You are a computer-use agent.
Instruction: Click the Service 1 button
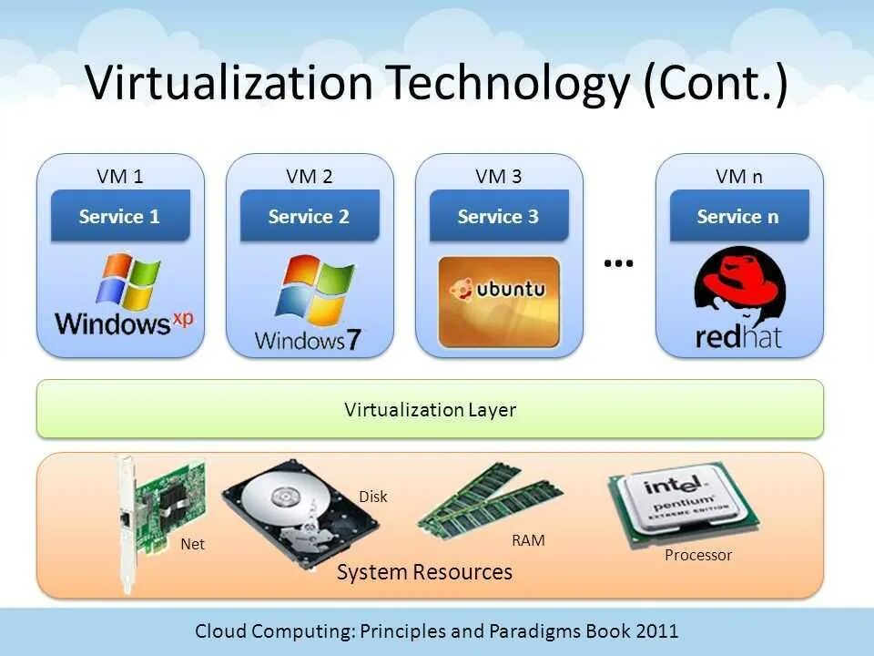pos(119,216)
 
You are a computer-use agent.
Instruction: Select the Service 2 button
pos(309,216)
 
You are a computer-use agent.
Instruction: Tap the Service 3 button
pos(498,216)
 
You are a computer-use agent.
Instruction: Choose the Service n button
pos(738,216)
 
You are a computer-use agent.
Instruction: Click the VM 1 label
pos(120,176)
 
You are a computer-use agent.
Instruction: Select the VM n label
pos(739,176)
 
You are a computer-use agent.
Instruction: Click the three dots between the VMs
pos(618,263)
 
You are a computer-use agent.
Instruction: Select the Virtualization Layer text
pos(430,410)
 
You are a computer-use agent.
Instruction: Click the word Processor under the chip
pos(698,555)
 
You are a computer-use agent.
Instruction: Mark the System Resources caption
pos(424,572)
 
